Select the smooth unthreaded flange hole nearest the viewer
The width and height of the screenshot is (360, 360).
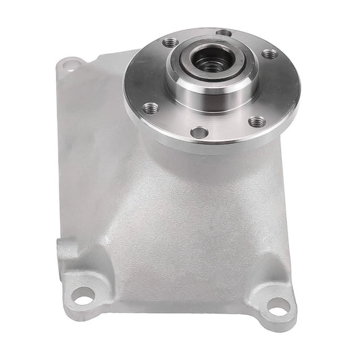tap(199, 132)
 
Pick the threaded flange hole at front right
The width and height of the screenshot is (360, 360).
tap(257, 122)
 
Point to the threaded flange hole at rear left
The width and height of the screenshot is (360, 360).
tap(170, 42)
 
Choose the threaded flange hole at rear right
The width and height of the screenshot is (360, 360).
tap(269, 53)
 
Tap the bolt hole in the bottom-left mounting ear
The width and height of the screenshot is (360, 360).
tap(84, 295)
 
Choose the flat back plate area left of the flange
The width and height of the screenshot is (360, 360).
tap(88, 135)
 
